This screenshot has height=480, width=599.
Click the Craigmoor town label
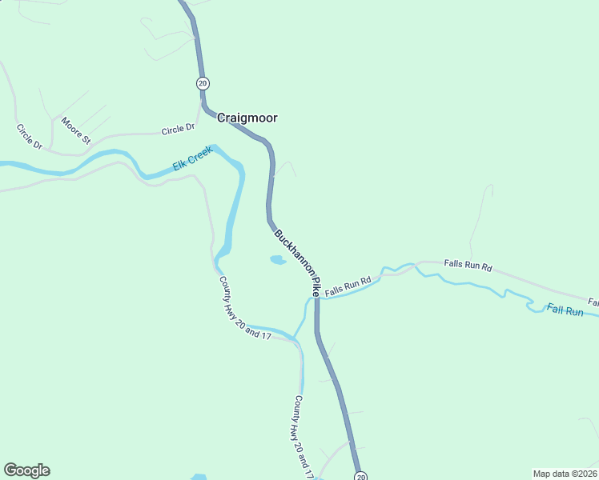coord(247,118)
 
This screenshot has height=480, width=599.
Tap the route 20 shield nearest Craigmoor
coord(202,83)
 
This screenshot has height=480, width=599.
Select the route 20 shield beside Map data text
coord(360,477)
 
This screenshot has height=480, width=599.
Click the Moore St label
coord(77,130)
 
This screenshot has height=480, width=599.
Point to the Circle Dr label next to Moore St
coord(29,136)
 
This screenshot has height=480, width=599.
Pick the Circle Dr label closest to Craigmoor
coord(178,129)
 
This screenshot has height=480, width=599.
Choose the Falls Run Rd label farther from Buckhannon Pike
coord(468,265)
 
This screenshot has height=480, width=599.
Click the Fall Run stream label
coord(565,310)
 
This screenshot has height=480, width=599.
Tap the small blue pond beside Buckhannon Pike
coord(278,260)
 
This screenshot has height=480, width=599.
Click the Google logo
coord(26,470)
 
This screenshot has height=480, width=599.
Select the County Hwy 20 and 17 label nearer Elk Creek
coord(244,307)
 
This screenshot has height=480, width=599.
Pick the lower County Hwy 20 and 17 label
coord(302,437)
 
